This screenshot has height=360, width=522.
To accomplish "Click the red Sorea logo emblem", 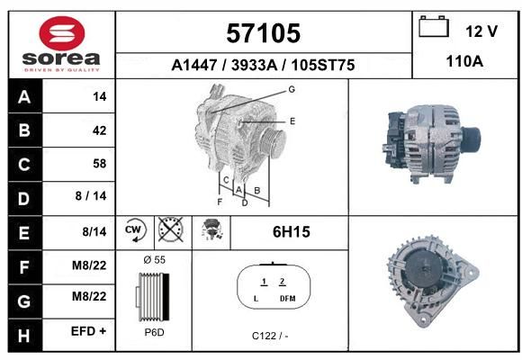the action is click(62, 33).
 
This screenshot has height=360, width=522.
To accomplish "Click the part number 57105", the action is click(264, 33).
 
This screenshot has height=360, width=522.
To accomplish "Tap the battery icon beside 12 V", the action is click(434, 26).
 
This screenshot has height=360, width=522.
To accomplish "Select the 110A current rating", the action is click(464, 61).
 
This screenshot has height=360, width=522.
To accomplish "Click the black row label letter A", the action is click(24, 97).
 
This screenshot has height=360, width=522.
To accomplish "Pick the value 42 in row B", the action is click(100, 130).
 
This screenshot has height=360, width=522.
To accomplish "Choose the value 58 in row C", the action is click(100, 164).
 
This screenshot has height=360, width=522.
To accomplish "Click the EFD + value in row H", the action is click(88, 331).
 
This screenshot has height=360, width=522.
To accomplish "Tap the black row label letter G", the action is click(24, 301).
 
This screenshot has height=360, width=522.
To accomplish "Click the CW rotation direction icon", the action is click(134, 229).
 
